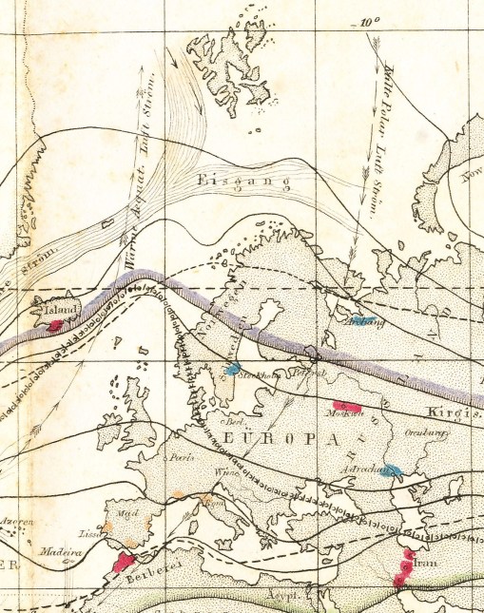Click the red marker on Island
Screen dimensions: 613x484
point(56,325)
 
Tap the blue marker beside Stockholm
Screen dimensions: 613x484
point(232,370)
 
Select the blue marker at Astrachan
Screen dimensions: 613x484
point(394,470)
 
